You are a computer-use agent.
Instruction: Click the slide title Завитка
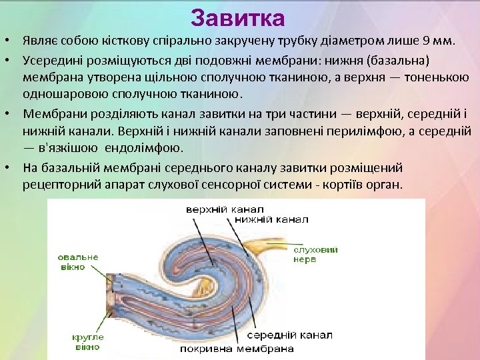[x=237, y=18]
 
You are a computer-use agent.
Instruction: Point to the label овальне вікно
[x=77, y=261]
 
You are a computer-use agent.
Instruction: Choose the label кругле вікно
[x=87, y=342]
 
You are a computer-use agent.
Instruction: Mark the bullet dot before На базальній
[x=10, y=167]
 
